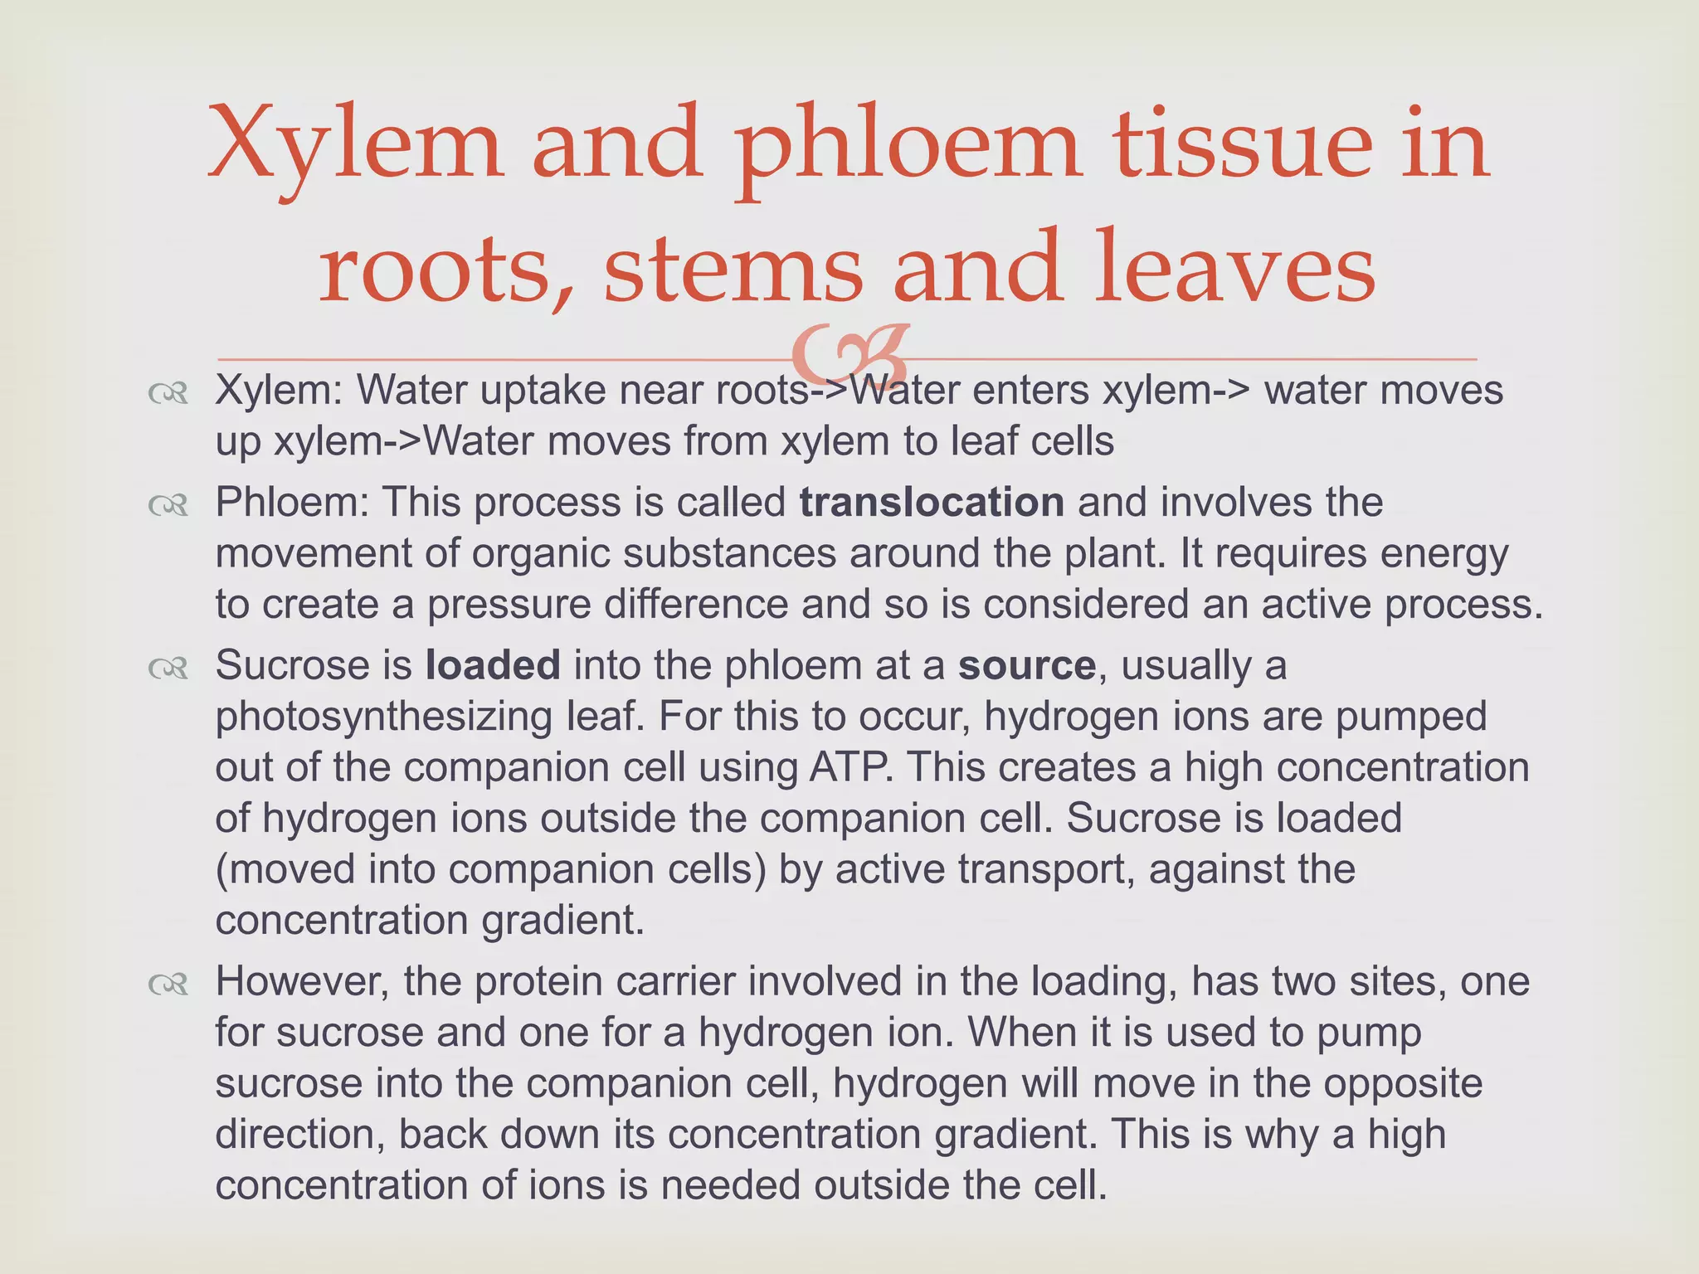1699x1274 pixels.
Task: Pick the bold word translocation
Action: point(932,503)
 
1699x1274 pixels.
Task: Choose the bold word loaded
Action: point(493,665)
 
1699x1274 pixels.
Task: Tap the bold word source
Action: point(1027,665)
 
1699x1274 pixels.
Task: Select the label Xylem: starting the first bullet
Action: point(279,391)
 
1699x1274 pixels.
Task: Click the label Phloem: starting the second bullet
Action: point(292,503)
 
